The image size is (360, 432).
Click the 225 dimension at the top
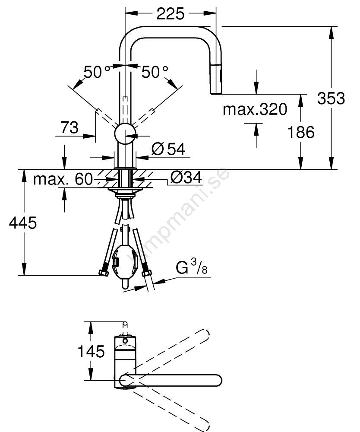click(x=171, y=13)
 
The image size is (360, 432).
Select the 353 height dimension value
click(x=331, y=98)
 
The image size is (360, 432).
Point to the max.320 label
click(x=255, y=109)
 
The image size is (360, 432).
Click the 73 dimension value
click(x=69, y=127)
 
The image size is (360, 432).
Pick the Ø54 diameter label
click(x=168, y=149)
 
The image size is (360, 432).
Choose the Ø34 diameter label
click(x=186, y=178)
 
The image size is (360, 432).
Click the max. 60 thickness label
click(x=63, y=179)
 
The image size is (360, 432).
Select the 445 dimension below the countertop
click(x=22, y=222)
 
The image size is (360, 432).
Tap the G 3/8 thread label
click(x=192, y=267)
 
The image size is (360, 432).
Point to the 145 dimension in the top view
click(x=91, y=351)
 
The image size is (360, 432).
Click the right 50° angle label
click(x=155, y=72)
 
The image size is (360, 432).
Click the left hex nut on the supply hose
click(x=104, y=272)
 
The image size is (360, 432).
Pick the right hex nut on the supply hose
click(x=146, y=273)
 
